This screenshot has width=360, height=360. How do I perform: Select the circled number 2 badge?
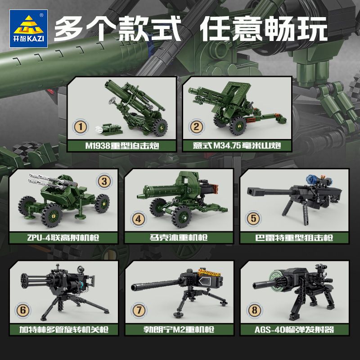pyautogui.click(x=196, y=126)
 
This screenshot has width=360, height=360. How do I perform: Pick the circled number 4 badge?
pyautogui.click(x=138, y=219)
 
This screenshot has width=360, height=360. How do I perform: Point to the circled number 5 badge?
pyautogui.click(x=253, y=219)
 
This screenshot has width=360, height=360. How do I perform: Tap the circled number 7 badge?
pyautogui.click(x=138, y=311)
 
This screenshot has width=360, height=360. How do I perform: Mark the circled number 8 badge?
pyautogui.click(x=253, y=310)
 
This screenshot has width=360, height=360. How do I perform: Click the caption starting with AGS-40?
pyautogui.click(x=293, y=329)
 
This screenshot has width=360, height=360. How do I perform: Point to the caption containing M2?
pyautogui.click(x=179, y=329)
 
